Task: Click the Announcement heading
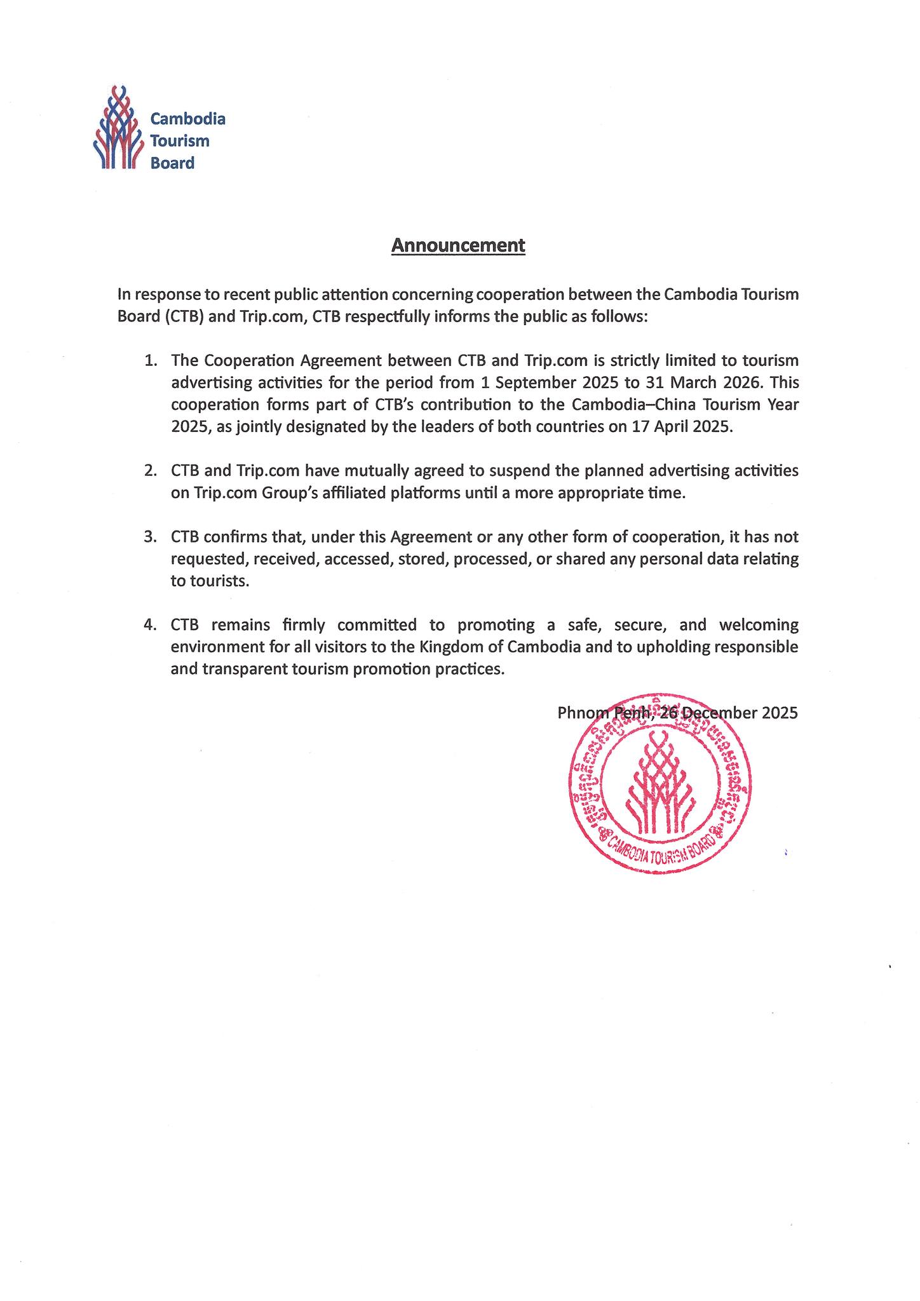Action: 458,245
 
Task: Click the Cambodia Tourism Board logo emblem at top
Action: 118,128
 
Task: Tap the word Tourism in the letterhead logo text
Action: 179,141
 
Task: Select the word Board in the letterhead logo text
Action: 172,163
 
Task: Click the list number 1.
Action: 150,361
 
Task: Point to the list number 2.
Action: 150,471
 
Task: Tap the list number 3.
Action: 150,537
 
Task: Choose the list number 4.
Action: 150,625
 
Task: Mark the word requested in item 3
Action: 210,559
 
